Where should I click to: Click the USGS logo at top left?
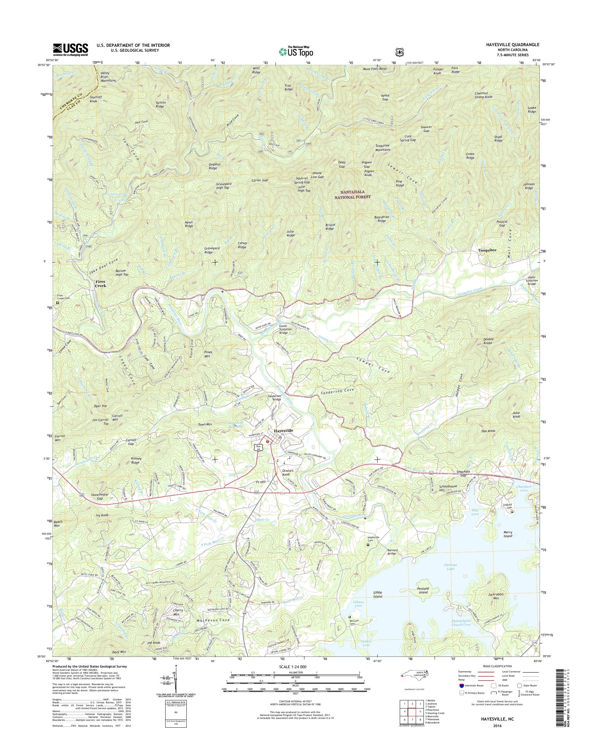70,49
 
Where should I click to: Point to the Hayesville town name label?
283,430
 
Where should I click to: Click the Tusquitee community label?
487,250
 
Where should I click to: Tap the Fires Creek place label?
100,284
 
